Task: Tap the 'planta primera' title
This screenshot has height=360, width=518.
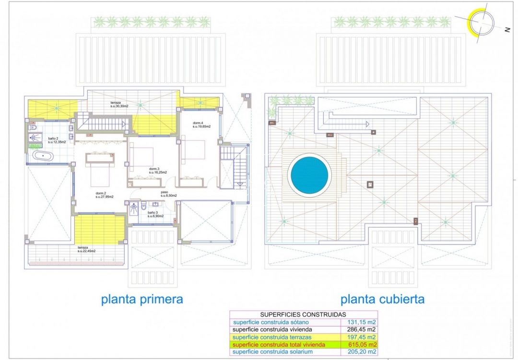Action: (142, 300)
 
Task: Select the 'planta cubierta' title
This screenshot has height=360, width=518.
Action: (382, 300)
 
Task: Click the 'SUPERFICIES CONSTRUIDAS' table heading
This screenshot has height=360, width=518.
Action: (300, 314)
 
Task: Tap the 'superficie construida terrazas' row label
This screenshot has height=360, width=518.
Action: (274, 337)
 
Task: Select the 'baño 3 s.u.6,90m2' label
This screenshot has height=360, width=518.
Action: (155, 214)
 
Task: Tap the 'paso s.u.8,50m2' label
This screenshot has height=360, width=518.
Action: (168, 194)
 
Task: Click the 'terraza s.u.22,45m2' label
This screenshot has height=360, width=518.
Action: (86, 249)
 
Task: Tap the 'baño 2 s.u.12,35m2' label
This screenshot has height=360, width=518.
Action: (57, 140)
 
